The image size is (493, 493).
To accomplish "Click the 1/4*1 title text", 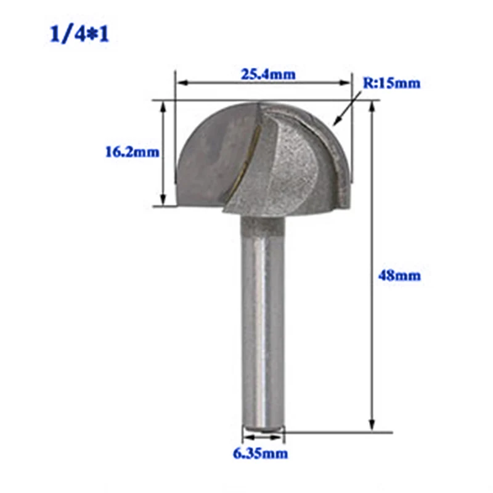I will (x=79, y=34).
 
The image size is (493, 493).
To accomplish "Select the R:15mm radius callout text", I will (x=391, y=83).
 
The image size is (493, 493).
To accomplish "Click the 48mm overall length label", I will (x=399, y=275).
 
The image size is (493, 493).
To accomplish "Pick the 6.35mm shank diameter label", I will (x=261, y=455).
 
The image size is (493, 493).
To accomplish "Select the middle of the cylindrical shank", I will (x=262, y=320).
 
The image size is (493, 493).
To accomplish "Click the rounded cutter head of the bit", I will (x=265, y=157).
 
